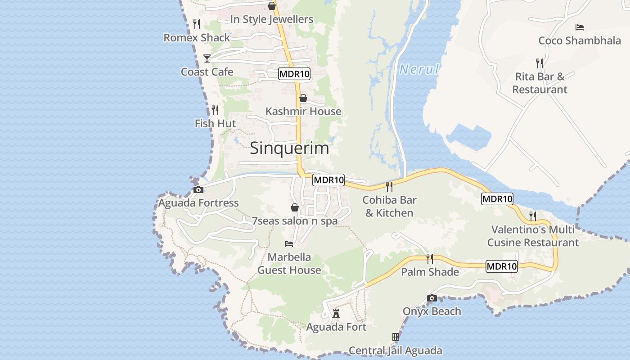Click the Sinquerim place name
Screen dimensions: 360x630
(289, 148)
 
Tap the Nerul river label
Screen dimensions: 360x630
(419, 69)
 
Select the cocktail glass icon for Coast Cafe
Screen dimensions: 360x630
(207, 58)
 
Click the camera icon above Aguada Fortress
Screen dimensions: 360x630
(198, 189)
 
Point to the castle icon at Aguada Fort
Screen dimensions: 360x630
(336, 314)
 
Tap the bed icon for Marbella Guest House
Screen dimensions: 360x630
(289, 244)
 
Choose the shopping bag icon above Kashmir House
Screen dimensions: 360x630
(303, 98)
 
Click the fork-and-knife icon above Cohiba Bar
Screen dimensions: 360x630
(389, 186)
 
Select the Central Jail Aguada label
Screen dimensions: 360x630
(395, 351)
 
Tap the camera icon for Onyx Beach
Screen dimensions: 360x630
(432, 298)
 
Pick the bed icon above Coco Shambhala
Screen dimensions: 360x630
(580, 27)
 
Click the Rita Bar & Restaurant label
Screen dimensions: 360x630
(540, 83)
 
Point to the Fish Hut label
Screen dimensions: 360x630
(215, 123)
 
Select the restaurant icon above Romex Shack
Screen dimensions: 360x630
(197, 24)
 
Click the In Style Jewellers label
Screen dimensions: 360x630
(271, 19)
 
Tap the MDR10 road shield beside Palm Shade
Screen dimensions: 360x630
(502, 266)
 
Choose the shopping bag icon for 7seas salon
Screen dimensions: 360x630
(295, 207)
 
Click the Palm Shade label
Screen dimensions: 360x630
(430, 272)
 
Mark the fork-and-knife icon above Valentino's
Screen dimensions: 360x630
(533, 216)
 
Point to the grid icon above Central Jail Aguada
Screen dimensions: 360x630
(395, 337)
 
